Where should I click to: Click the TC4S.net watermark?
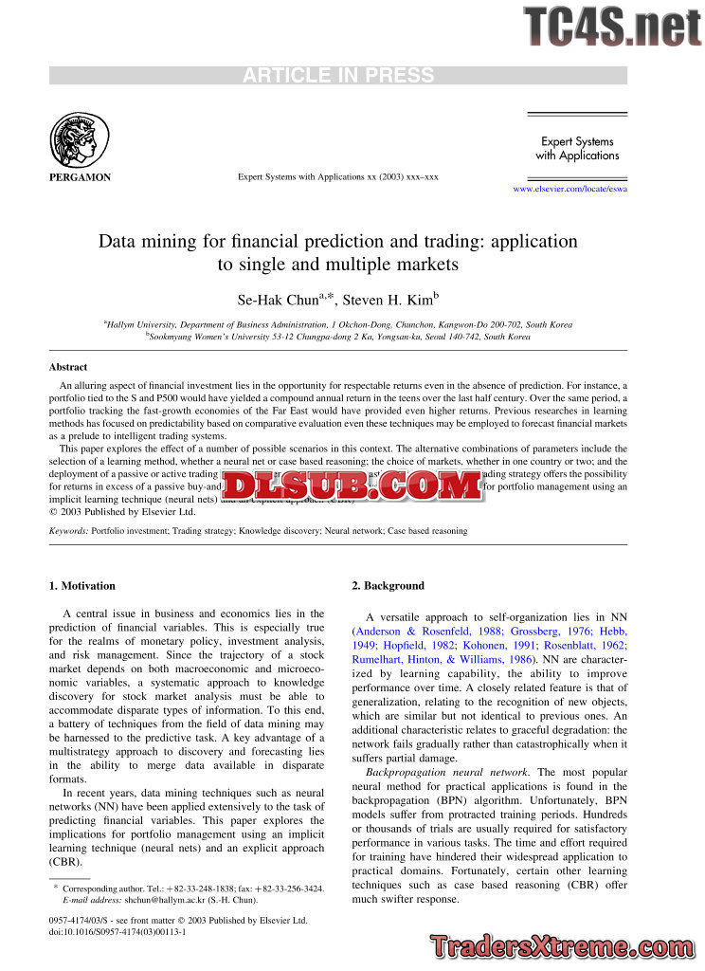click(x=612, y=26)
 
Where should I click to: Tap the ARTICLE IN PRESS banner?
click(x=338, y=76)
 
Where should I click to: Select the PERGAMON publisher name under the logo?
click(x=80, y=177)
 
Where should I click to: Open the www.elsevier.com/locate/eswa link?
click(x=569, y=189)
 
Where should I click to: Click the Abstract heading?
click(x=68, y=367)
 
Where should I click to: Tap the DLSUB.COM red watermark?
click(x=352, y=485)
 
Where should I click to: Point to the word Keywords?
click(x=68, y=531)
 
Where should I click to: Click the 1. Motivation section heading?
click(x=82, y=586)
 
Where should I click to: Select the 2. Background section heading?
click(x=389, y=586)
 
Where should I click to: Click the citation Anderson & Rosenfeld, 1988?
click(x=413, y=631)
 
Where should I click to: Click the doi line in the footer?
click(x=117, y=932)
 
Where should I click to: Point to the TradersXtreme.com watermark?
click(x=564, y=946)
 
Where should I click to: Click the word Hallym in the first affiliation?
click(x=122, y=324)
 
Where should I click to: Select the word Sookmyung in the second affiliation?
click(x=172, y=337)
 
